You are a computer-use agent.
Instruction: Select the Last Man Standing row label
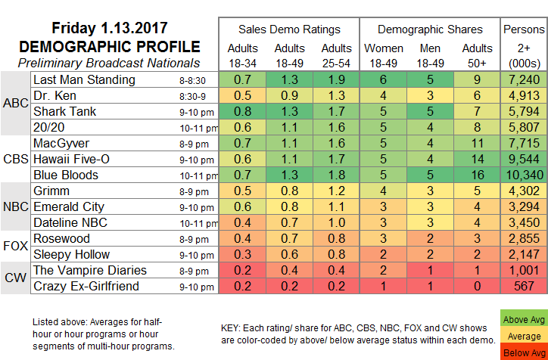84,79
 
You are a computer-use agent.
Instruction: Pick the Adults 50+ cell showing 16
477,175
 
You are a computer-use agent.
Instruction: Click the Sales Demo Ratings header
288,29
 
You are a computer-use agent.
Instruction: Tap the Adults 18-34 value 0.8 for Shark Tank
243,111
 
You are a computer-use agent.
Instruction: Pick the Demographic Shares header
429,29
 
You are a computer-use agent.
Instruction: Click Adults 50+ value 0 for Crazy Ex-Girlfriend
477,286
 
